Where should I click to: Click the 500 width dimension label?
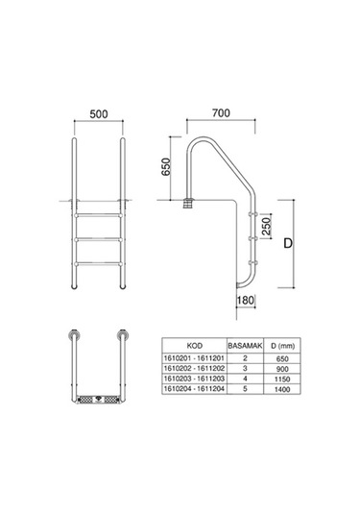99,114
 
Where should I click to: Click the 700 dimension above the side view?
221,112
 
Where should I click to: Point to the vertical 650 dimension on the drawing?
166,167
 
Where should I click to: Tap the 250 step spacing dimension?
267,226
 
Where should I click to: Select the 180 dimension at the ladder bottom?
246,301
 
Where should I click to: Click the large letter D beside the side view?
288,243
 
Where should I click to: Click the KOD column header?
195,346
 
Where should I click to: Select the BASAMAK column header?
245,346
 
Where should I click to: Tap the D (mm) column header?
282,346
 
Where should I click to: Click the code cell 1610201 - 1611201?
194,358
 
